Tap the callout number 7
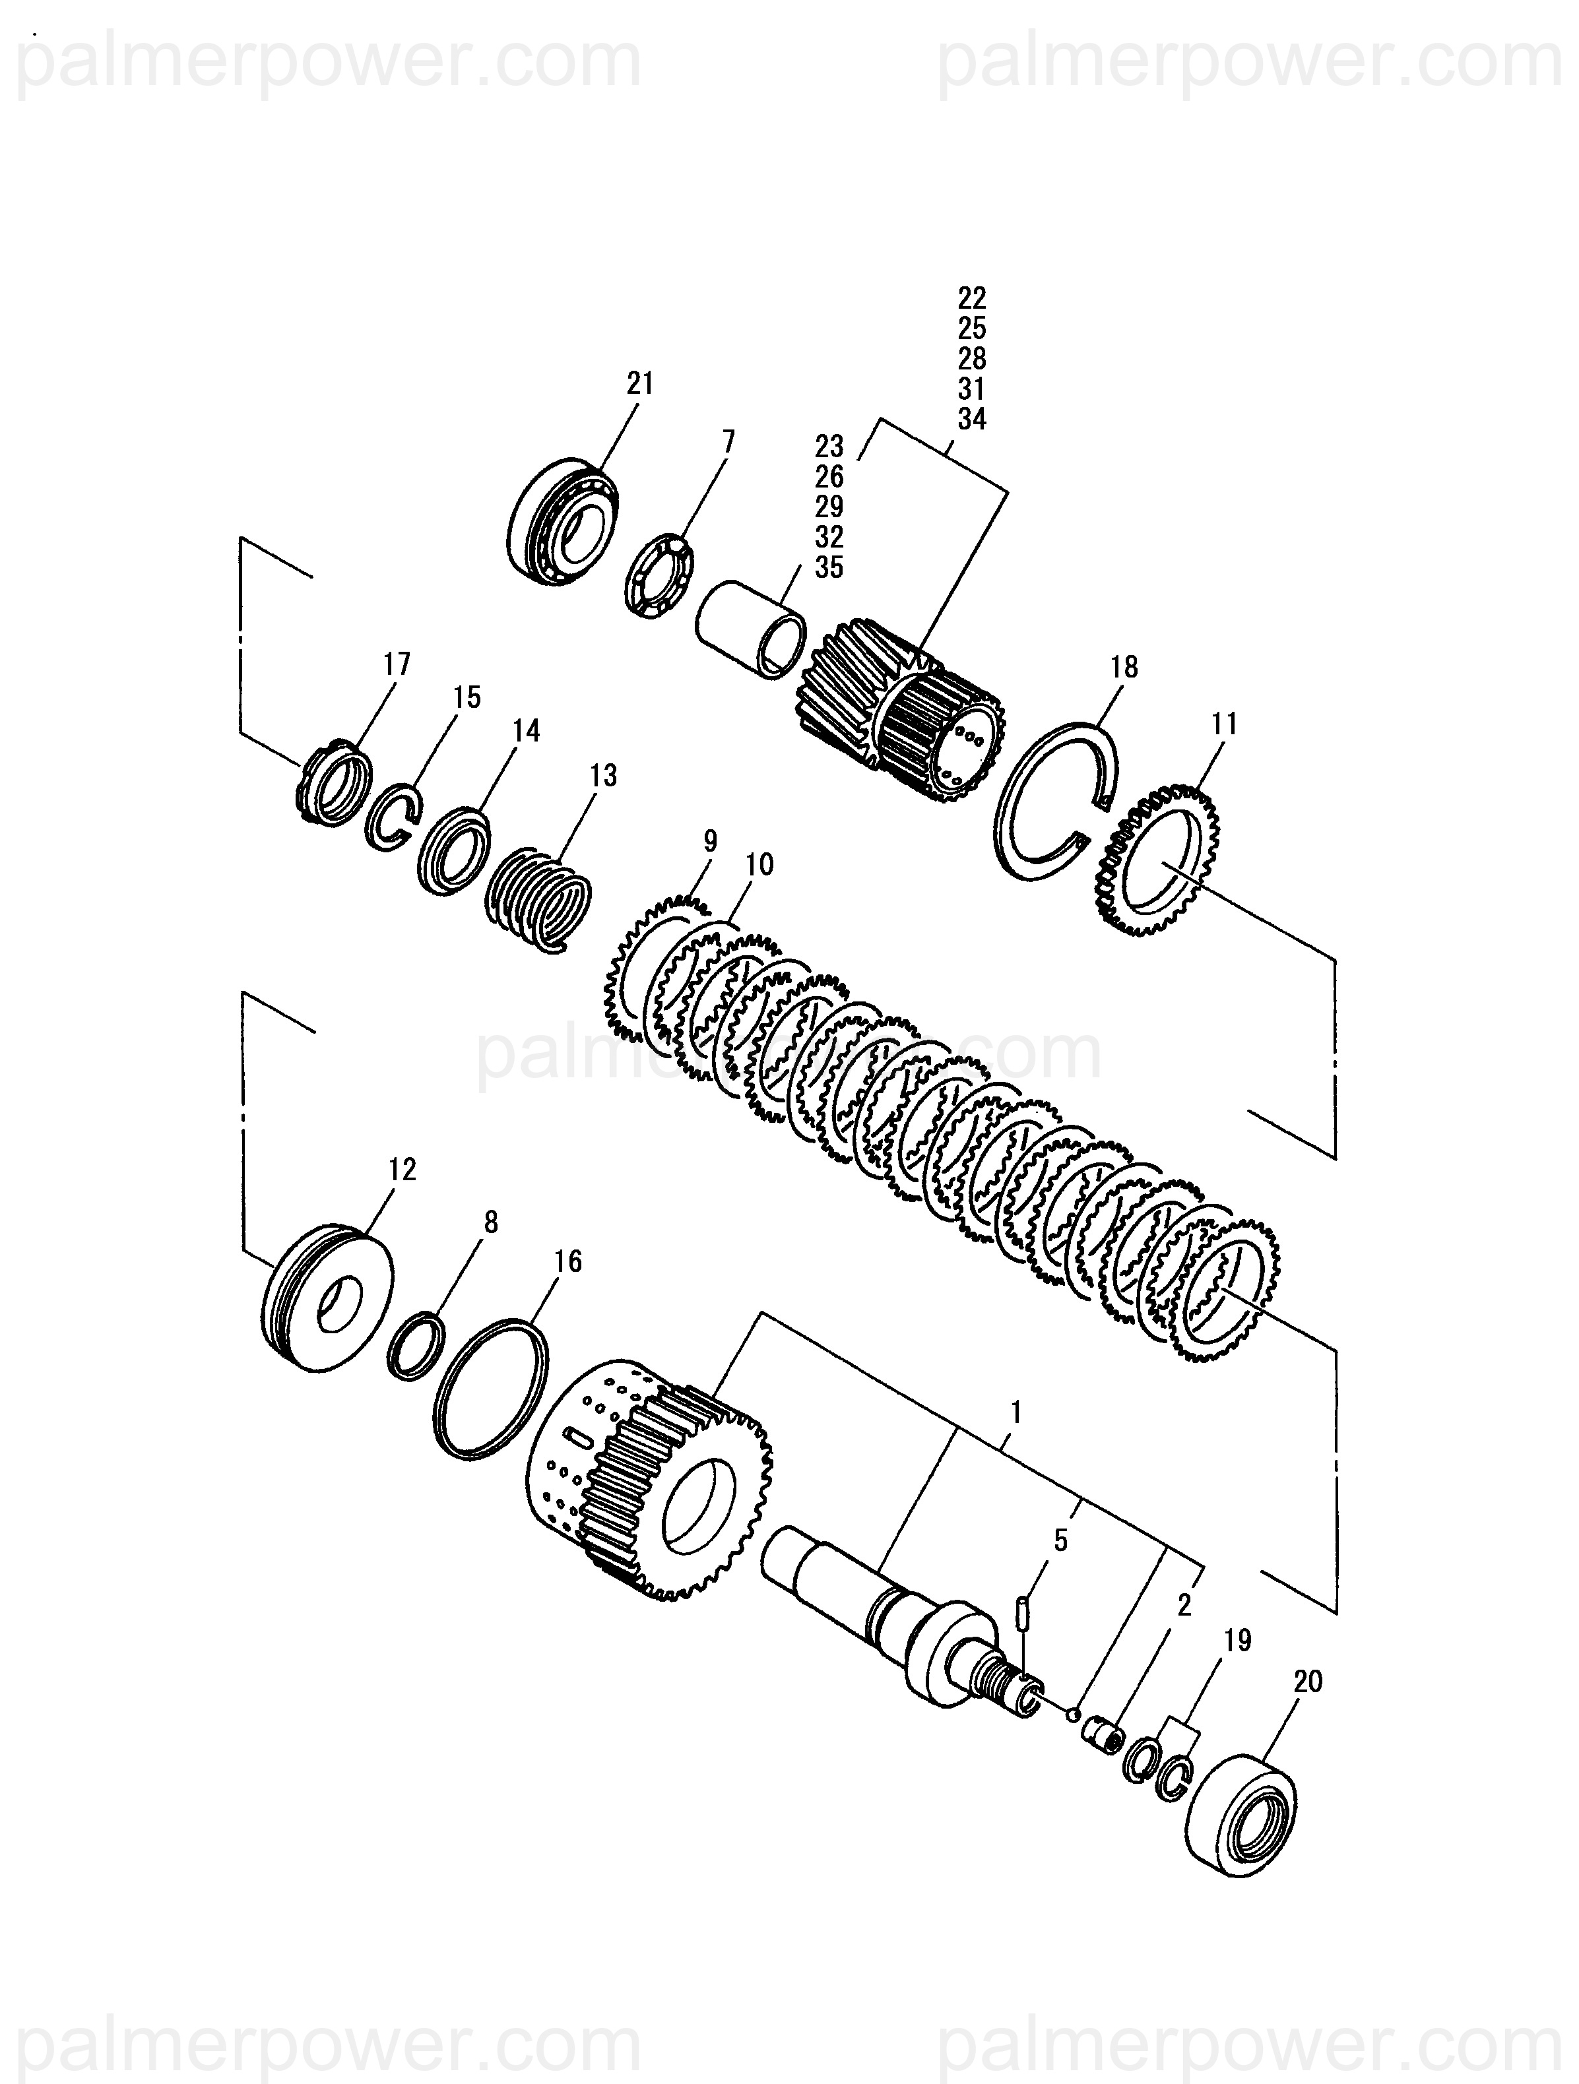728,442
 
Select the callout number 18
1124,667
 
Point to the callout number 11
1224,724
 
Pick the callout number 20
1308,1682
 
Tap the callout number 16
568,1261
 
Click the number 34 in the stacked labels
971,420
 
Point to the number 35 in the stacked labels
829,568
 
